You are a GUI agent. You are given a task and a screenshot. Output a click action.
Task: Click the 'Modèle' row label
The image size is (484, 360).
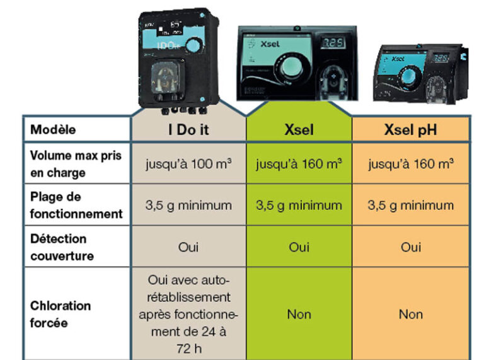coord(53,130)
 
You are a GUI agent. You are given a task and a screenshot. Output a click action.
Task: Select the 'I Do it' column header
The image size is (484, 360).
coord(188,130)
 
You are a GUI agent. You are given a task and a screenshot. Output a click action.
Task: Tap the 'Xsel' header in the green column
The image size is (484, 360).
coord(299,130)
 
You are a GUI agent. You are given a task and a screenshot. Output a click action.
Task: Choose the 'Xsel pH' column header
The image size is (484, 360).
coord(411,130)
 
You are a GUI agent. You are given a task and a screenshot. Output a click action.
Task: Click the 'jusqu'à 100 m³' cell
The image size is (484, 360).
coord(188,164)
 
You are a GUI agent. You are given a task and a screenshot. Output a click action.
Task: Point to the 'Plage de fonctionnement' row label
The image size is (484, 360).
coord(76,206)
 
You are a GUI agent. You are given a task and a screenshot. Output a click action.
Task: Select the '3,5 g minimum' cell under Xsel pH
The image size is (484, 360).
coord(411,206)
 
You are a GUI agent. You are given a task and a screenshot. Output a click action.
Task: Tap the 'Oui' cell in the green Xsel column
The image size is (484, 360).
coord(299,247)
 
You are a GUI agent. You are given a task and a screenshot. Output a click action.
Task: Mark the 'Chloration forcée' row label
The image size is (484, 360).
coord(60,314)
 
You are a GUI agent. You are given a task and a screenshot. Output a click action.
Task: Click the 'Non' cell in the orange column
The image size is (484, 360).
coord(411,314)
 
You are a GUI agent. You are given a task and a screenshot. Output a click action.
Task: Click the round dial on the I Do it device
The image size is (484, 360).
coord(196,45)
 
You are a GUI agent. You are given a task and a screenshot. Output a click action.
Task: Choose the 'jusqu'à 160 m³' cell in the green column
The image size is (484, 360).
coord(299,164)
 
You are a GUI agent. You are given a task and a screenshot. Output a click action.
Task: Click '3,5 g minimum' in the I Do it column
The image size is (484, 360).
coord(188,206)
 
